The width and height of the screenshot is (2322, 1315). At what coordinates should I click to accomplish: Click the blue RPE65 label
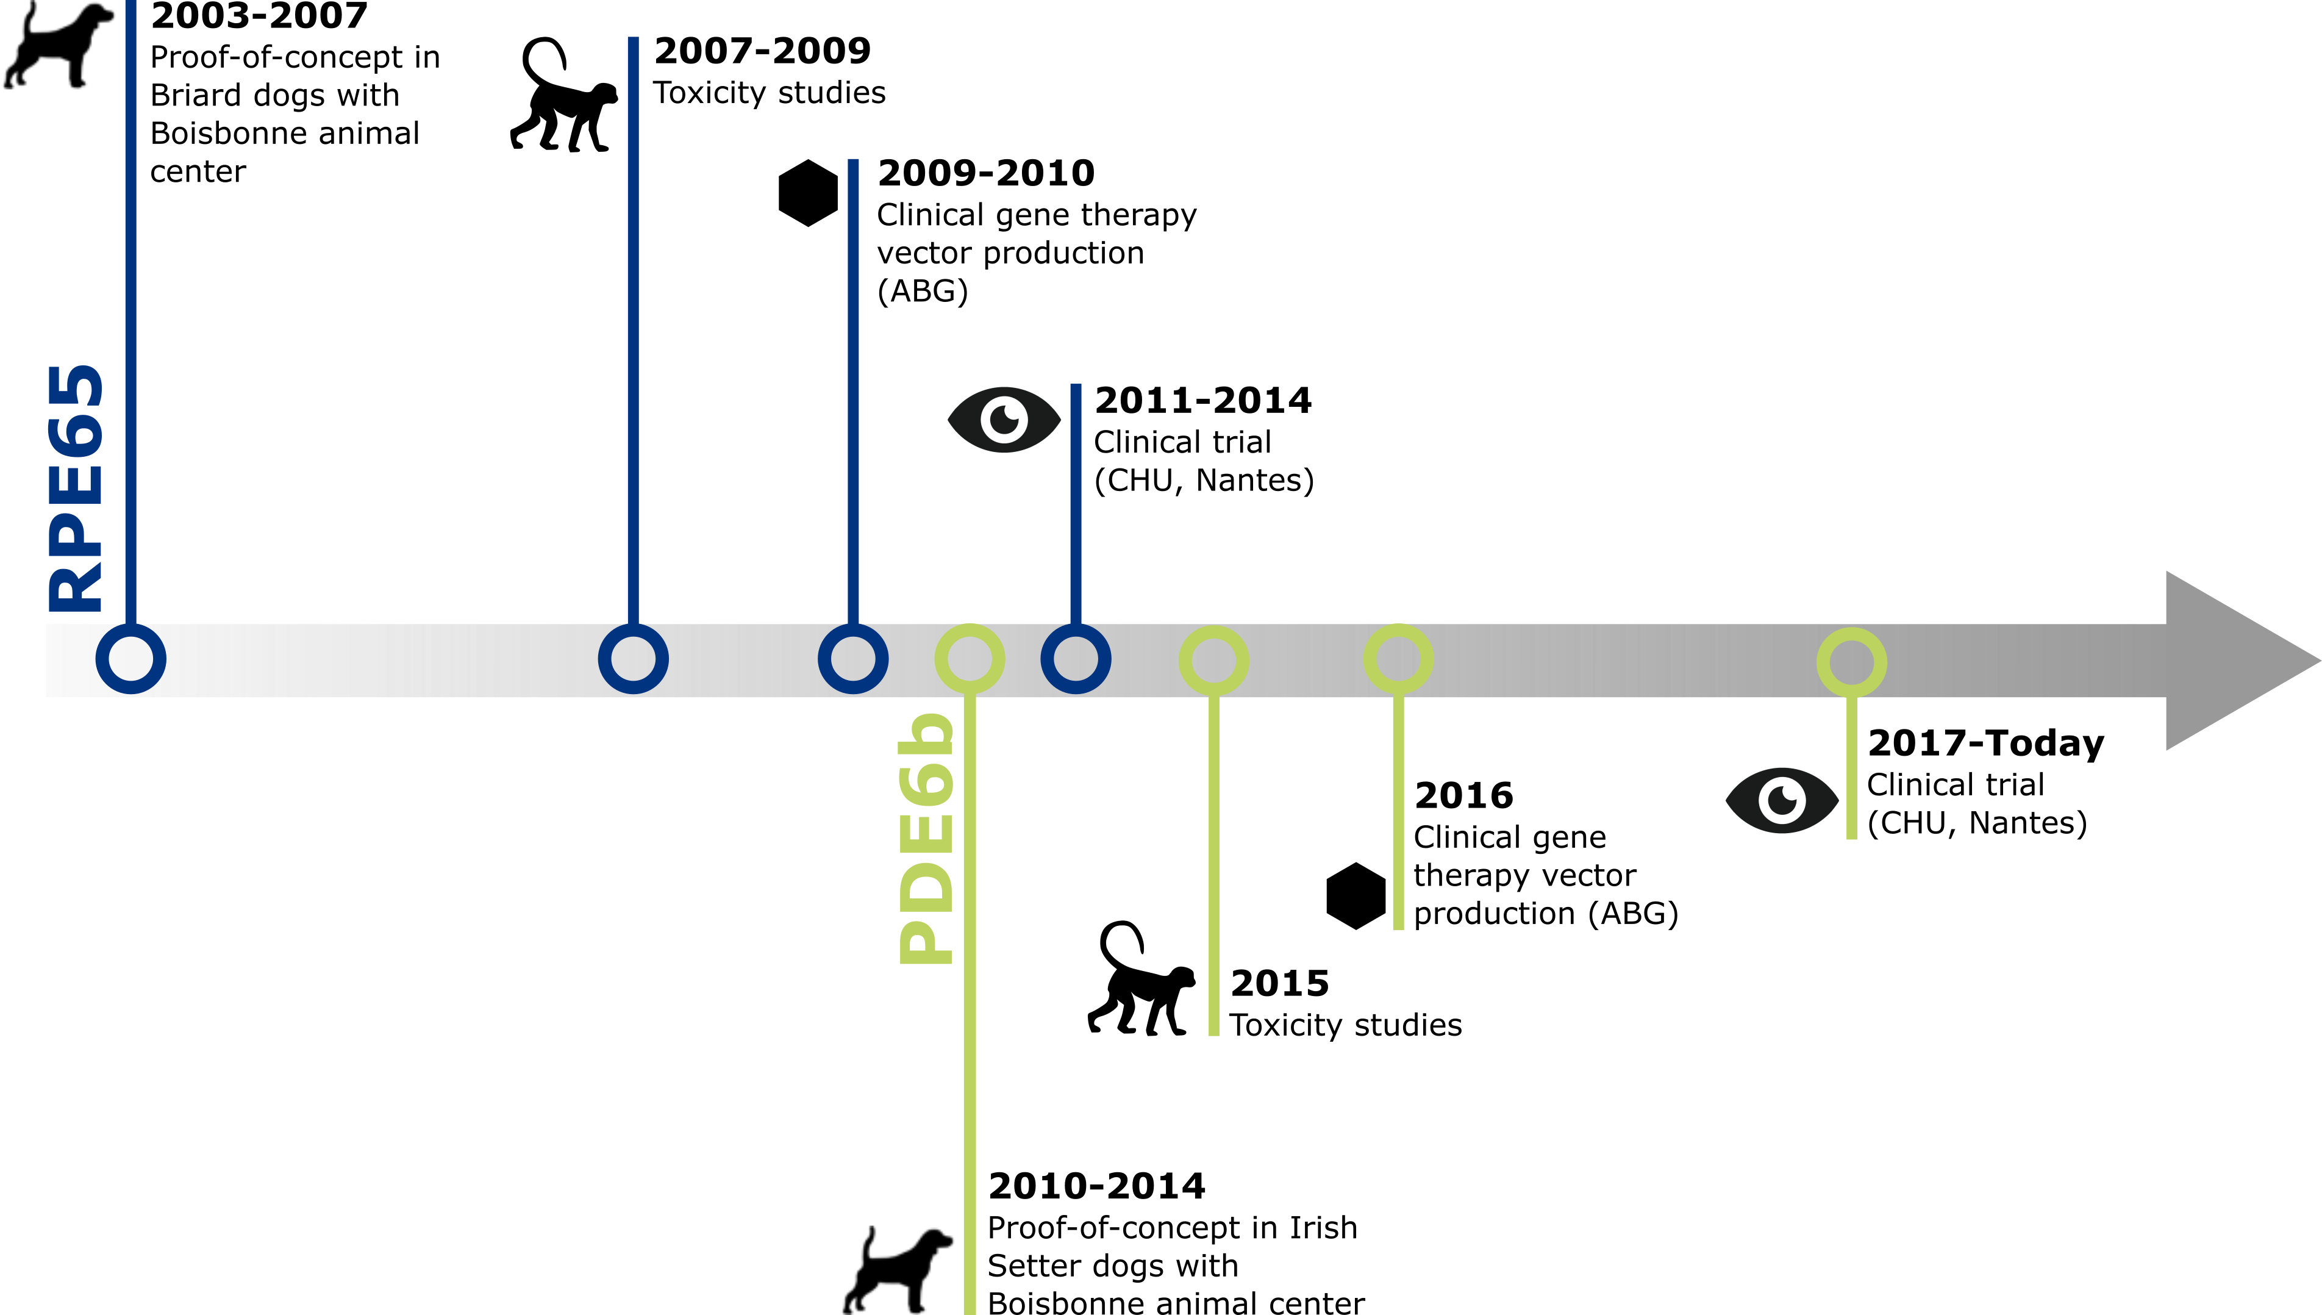click(x=76, y=488)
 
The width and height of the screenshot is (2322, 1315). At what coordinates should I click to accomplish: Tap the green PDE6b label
click(x=926, y=840)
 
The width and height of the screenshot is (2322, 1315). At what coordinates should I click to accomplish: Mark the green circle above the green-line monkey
click(x=1214, y=660)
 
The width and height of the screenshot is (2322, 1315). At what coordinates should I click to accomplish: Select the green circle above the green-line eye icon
click(x=1852, y=662)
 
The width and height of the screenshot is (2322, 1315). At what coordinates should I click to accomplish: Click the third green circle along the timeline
click(x=1398, y=659)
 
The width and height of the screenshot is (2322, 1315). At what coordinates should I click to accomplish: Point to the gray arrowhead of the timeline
click(x=2230, y=660)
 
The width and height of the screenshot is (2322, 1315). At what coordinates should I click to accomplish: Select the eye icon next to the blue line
click(x=1002, y=420)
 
